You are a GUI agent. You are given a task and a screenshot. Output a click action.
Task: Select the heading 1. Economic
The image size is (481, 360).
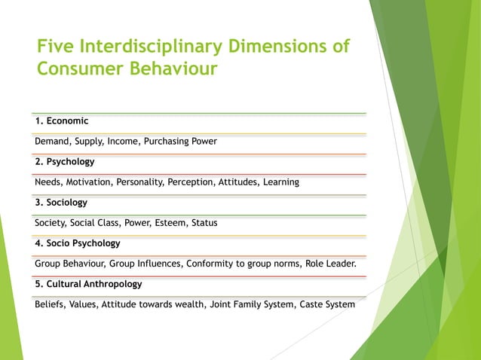(62, 121)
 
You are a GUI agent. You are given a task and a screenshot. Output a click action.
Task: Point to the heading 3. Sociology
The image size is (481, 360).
(61, 203)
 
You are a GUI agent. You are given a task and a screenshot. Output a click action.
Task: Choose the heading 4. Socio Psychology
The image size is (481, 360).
(78, 243)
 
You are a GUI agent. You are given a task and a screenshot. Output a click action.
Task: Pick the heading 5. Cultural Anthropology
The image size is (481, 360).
(88, 285)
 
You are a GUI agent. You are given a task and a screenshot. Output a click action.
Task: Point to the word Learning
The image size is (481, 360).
(280, 182)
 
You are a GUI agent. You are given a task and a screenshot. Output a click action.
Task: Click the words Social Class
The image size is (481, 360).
(97, 223)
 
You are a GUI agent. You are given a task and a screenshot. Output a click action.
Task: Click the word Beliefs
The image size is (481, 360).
(50, 305)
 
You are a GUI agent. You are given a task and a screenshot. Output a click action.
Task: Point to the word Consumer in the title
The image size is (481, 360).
(79, 70)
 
